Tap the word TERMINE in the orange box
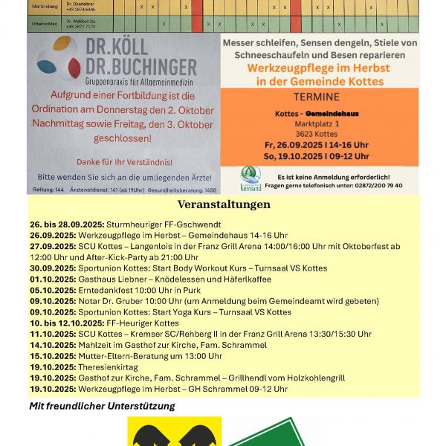point(317,97)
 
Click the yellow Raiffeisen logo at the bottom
point(174,432)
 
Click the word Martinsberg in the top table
point(43,7)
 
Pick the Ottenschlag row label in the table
point(43,23)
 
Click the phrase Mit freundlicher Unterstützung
point(102,406)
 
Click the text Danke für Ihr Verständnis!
point(123,161)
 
